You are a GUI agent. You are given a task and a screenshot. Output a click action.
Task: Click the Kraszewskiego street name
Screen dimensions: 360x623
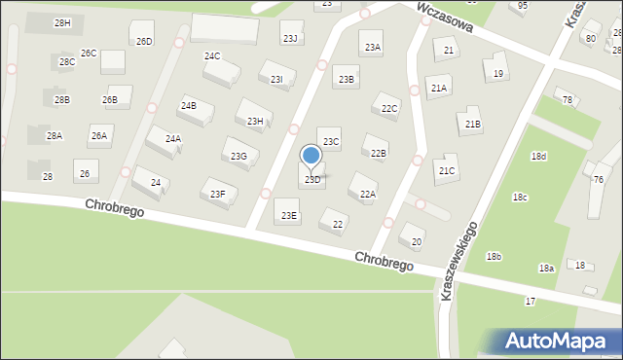460,261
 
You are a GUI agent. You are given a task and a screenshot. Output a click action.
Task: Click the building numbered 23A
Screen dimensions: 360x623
373,47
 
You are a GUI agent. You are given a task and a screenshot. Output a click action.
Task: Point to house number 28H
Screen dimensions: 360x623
62,22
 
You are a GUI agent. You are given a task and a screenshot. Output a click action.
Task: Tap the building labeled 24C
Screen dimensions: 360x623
212,56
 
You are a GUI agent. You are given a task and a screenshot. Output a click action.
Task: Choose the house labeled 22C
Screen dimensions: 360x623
389,108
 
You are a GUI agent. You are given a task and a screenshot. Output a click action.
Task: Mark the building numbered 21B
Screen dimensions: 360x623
472,124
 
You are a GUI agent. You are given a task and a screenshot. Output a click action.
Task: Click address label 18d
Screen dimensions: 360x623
538,156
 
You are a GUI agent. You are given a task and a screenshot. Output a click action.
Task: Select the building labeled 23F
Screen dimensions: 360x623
218,194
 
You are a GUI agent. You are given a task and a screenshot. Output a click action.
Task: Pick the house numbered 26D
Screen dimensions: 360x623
144,41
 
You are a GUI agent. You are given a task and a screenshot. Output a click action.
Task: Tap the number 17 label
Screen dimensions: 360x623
531,302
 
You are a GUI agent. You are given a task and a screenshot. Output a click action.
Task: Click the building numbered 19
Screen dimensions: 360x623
498,74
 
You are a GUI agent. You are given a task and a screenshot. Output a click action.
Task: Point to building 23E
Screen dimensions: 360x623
289,215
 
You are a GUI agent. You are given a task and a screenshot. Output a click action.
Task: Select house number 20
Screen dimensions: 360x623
417,241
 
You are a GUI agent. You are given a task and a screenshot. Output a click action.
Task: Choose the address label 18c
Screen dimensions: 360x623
520,197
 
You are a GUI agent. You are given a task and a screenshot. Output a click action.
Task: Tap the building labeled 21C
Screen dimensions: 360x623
447,171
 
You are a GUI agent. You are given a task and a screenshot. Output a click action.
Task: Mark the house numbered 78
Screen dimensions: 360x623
568,100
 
